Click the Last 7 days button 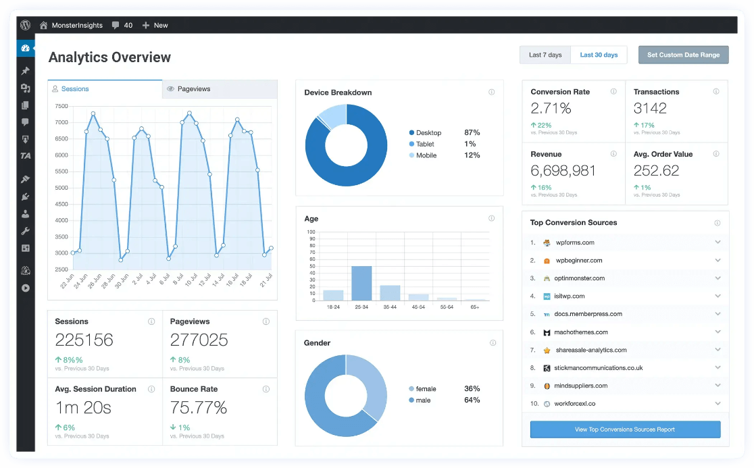click(x=545, y=55)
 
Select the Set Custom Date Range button click(x=683, y=55)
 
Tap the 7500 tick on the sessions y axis click(x=61, y=106)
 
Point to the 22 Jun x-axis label click(x=68, y=282)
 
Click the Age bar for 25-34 click(x=361, y=283)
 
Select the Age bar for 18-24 click(x=333, y=295)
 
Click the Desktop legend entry click(x=429, y=133)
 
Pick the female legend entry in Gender click(x=426, y=389)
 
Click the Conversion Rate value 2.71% click(x=551, y=108)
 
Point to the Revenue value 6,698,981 click(x=563, y=171)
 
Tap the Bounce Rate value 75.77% click(x=199, y=407)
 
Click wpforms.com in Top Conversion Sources click(x=575, y=242)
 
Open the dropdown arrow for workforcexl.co click(x=718, y=404)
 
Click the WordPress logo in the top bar click(x=25, y=25)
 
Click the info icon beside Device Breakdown click(x=491, y=93)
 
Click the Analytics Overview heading click(x=109, y=57)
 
